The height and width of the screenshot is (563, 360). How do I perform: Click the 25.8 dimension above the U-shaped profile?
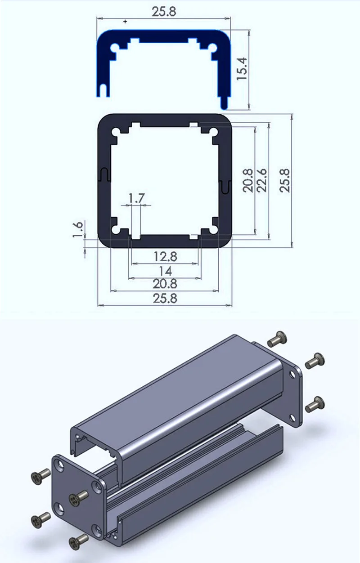164,12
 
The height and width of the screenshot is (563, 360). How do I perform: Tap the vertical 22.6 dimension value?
262,180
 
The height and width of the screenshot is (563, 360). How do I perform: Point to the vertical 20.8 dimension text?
248,180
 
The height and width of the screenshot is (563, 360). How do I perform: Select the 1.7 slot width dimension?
137,197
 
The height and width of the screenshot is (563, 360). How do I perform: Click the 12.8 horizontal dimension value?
165,257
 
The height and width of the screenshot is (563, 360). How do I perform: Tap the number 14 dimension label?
165,271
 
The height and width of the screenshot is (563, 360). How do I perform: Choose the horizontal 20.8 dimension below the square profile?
165,284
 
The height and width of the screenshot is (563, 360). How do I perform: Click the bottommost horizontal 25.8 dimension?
165,298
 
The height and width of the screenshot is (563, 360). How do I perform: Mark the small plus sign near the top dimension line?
125,21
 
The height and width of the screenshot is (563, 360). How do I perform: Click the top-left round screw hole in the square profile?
117,132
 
